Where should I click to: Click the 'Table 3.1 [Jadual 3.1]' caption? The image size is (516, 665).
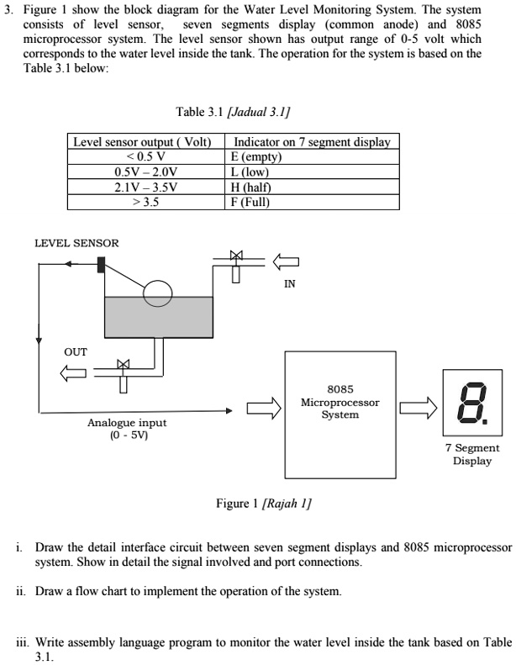(233, 112)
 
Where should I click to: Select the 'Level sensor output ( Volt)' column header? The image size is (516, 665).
(140, 142)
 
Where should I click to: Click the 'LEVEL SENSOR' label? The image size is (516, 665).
(76, 243)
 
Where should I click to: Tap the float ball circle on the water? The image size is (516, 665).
(157, 293)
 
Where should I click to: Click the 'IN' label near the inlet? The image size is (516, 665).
(289, 284)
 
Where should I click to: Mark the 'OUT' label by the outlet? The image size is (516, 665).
(76, 351)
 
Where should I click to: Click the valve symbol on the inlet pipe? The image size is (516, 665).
(236, 256)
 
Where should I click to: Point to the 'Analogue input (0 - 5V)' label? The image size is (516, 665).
(127, 429)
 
